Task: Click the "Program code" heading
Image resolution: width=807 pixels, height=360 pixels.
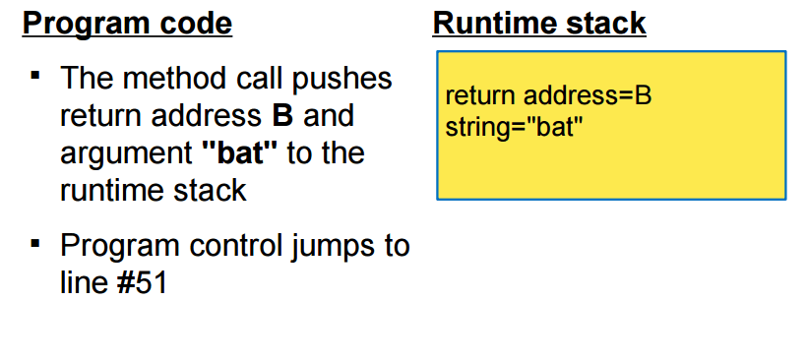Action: click(x=127, y=24)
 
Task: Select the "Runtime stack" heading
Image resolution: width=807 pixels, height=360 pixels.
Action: click(x=538, y=24)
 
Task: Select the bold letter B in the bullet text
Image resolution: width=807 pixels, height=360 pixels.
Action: click(x=281, y=116)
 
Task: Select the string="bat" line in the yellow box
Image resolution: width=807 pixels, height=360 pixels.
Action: click(x=508, y=125)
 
